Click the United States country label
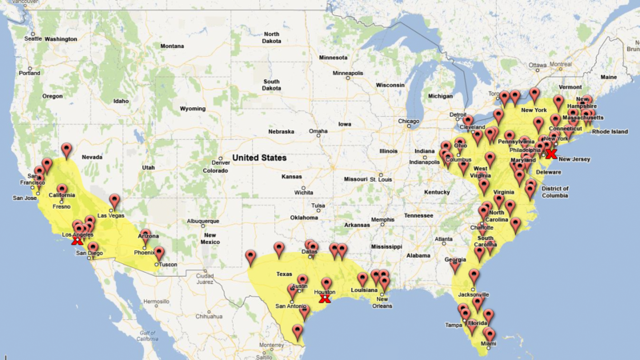click(258, 158)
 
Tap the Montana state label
click(172, 46)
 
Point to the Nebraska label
click(282, 131)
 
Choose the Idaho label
click(121, 101)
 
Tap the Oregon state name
click(53, 95)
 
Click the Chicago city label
click(409, 122)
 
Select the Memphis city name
click(382, 220)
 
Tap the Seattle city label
click(33, 38)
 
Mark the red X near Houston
click(324, 298)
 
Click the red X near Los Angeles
click(77, 240)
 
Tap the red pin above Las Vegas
click(114, 201)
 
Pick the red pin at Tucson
click(159, 254)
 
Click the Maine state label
click(609, 77)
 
